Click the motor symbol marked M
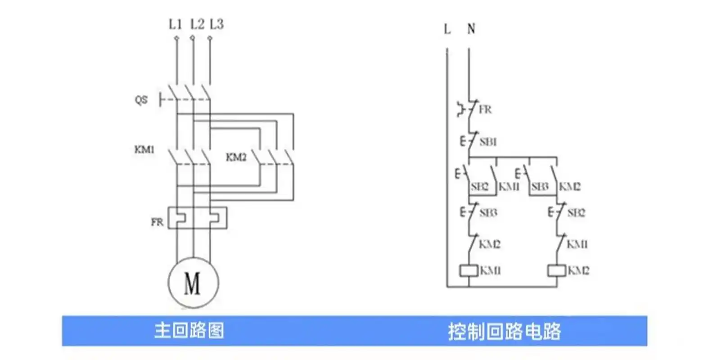point(193,283)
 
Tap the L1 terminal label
point(175,24)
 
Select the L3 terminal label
point(217,24)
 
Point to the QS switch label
point(141,99)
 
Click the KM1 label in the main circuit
point(144,149)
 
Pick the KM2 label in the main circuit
point(236,157)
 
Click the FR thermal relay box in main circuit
point(197,218)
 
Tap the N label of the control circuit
point(471,29)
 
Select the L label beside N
point(447,29)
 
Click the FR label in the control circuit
point(485,109)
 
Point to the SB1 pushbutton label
point(488,142)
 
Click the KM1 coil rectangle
point(469,270)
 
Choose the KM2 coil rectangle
point(556,270)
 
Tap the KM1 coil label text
point(490,270)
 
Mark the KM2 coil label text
point(578,270)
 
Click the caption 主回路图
point(189,331)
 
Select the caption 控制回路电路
point(504,332)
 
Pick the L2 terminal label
point(197,24)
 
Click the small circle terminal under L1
point(176,38)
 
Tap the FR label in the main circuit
point(157,222)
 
